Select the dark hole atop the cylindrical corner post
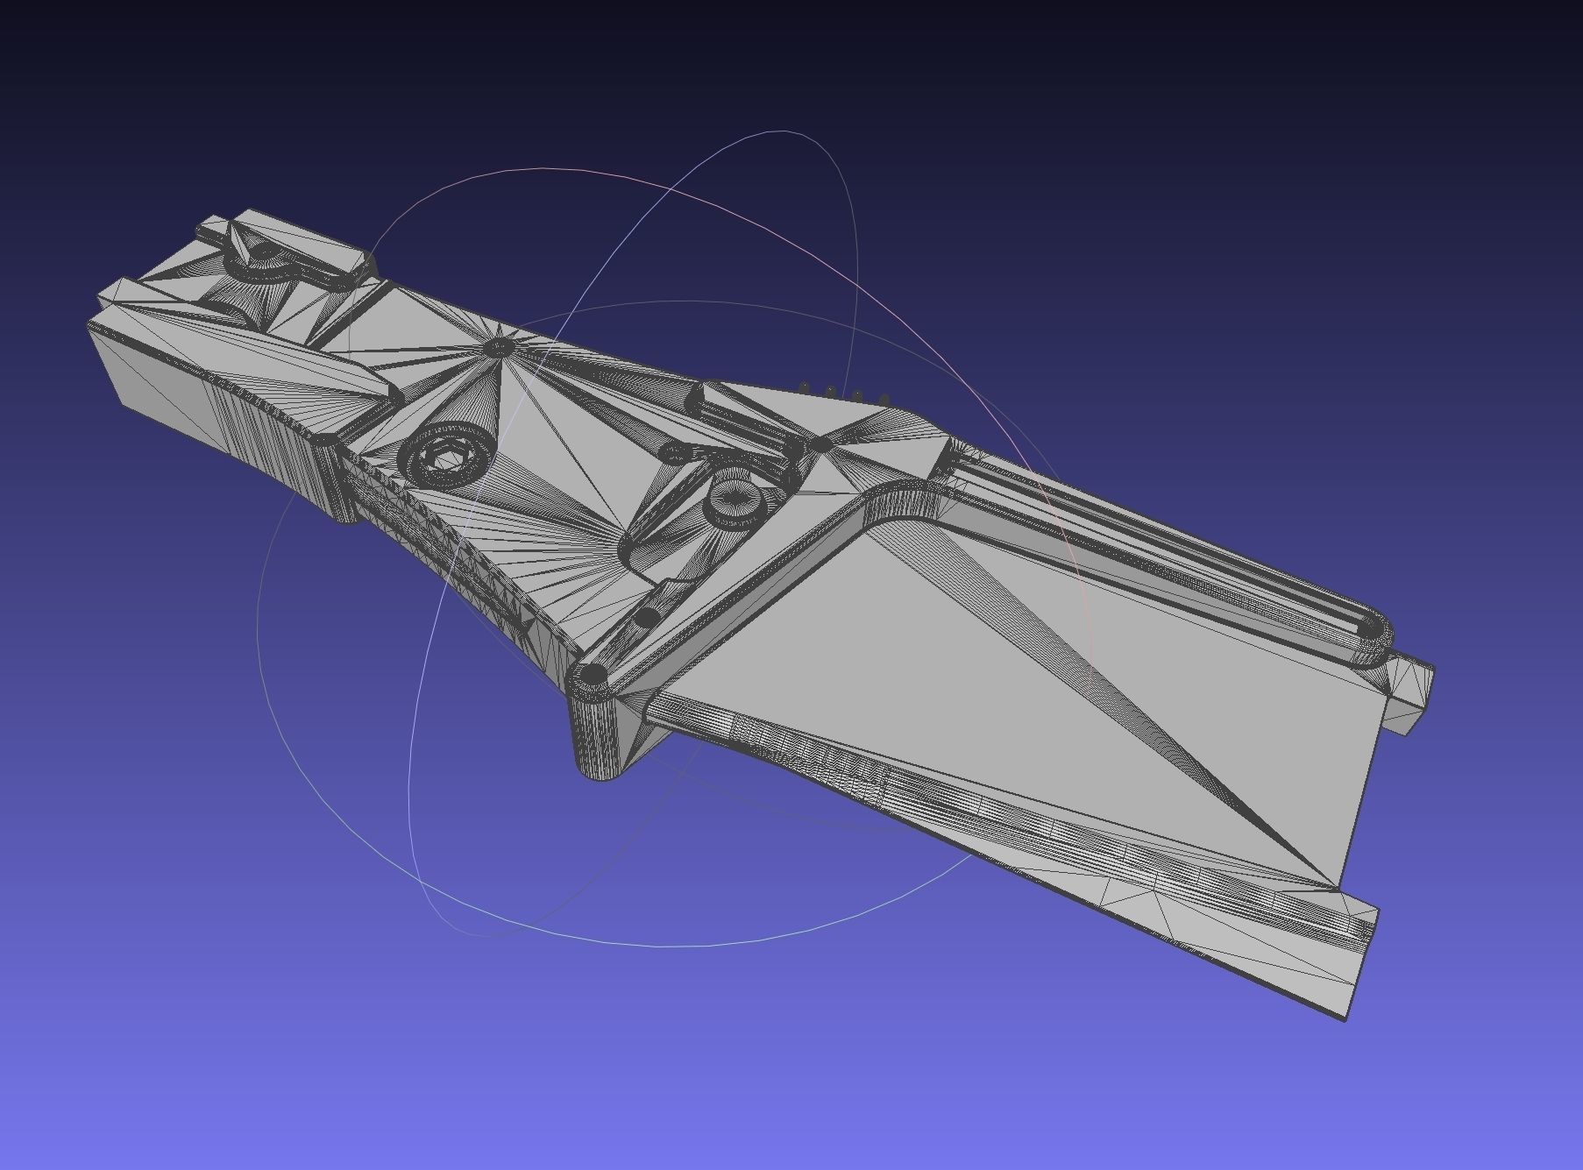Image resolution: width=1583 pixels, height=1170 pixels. [x=594, y=675]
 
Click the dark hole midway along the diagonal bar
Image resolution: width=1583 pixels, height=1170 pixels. [x=647, y=617]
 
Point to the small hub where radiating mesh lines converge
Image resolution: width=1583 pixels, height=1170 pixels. [x=497, y=348]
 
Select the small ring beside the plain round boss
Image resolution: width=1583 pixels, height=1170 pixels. [x=672, y=453]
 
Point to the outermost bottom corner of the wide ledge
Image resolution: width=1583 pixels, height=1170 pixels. [x=1345, y=1018]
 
